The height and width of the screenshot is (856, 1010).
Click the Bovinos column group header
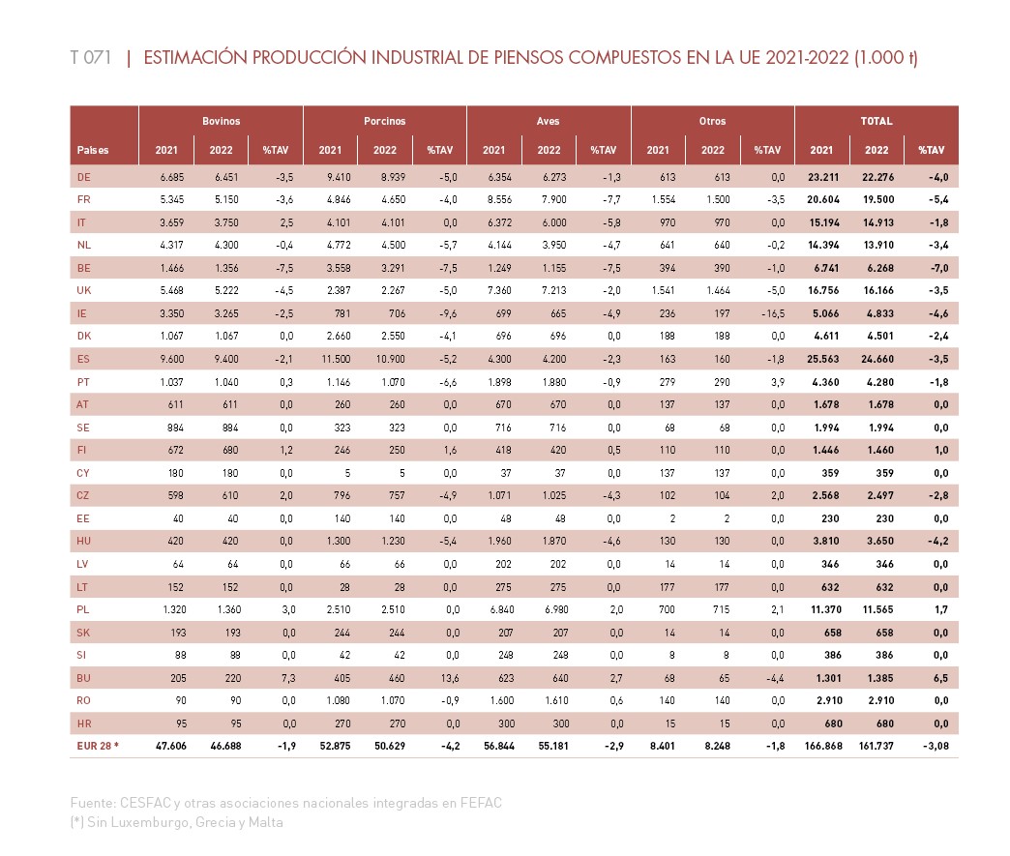(221, 121)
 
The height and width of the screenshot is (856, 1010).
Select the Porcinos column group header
(384, 121)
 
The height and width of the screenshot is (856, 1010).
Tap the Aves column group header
(549, 121)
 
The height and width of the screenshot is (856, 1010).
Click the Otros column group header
(712, 121)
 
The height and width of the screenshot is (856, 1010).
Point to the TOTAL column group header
(876, 121)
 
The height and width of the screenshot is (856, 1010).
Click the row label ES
(84, 359)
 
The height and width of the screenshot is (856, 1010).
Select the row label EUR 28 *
(98, 746)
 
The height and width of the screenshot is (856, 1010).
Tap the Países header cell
(93, 150)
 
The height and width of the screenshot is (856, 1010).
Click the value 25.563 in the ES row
(823, 359)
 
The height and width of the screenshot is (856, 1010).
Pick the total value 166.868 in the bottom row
(823, 746)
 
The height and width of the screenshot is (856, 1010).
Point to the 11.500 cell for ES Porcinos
(337, 359)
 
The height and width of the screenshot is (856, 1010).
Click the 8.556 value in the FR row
(499, 199)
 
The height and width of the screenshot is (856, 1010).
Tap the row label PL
(83, 609)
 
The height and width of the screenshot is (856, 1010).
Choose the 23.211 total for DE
(823, 177)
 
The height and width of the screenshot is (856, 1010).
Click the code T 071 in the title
(91, 57)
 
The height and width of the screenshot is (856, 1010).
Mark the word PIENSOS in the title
(529, 57)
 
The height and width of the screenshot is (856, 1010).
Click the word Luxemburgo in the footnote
(149, 822)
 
